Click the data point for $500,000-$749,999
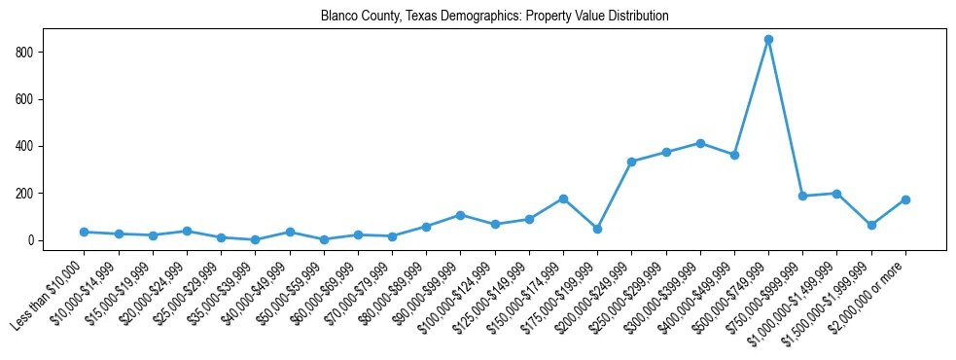pyautogui.click(x=768, y=40)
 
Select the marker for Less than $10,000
pyautogui.click(x=84, y=232)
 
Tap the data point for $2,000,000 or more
pyautogui.click(x=905, y=199)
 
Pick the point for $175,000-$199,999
pyautogui.click(x=597, y=229)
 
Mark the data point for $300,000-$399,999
pyautogui.click(x=700, y=143)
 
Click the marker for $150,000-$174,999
pyautogui.click(x=563, y=198)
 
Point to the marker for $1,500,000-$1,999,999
pyautogui.click(x=871, y=225)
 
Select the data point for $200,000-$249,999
pyautogui.click(x=631, y=162)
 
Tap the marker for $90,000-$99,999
pyautogui.click(x=460, y=215)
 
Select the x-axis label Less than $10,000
pyautogui.click(x=50, y=297)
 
